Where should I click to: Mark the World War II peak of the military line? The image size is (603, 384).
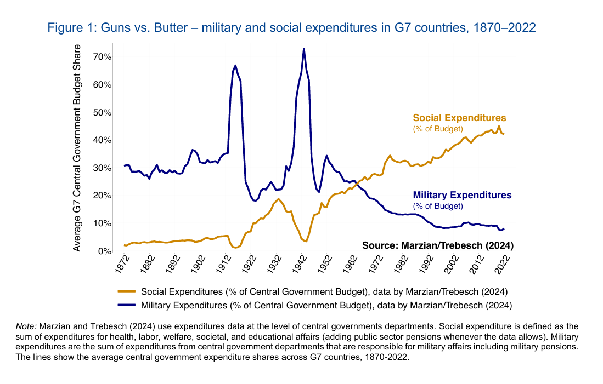coord(303,49)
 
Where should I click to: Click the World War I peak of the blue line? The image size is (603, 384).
coord(235,65)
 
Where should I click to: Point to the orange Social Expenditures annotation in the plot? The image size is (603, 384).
coord(459,118)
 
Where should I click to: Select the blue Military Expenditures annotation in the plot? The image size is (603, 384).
coord(462,195)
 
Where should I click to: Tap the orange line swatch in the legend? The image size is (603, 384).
coord(127,291)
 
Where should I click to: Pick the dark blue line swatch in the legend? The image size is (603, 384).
coord(127,305)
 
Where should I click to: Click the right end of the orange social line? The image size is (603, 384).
coord(503,134)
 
